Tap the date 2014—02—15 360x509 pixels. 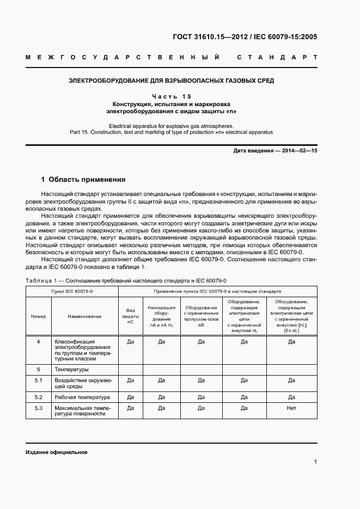[x=298, y=151]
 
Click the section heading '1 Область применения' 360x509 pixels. [x=83, y=179]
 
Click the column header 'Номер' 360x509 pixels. [x=39, y=316]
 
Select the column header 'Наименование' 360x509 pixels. [x=84, y=316]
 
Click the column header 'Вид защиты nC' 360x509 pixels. [x=130, y=316]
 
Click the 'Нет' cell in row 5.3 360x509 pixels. [x=291, y=408]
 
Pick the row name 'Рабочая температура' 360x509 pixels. [x=82, y=397]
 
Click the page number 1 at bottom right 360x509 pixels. [x=315, y=462]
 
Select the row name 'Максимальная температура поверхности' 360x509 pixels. [x=82, y=411]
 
